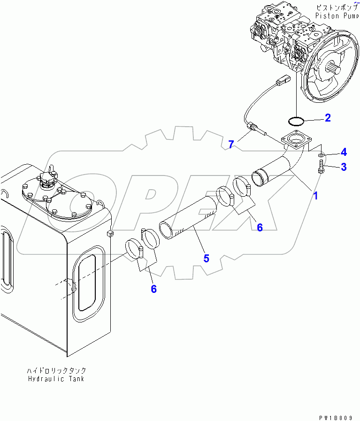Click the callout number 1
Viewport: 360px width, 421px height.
coord(315,196)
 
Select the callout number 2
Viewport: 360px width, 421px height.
coord(328,117)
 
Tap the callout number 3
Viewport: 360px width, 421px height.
coord(344,167)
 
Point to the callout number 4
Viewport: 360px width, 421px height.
coord(344,152)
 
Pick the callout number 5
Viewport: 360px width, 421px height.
coord(206,258)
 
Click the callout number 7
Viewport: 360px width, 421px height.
coord(231,144)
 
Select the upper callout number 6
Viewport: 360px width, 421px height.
coord(259,227)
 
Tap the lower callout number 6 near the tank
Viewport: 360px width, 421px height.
coord(153,289)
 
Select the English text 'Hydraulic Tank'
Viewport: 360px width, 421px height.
coord(57,378)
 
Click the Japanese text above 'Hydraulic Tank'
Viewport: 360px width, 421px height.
coord(57,370)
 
